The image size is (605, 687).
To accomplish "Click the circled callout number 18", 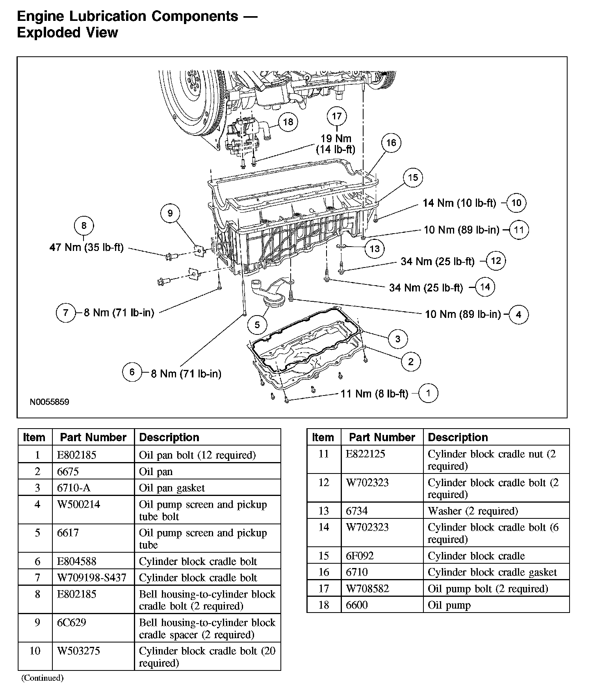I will point(288,122).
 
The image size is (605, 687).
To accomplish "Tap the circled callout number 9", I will point(170,213).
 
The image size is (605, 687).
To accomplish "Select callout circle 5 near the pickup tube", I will point(257,325).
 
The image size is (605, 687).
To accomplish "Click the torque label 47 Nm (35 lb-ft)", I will point(86,247).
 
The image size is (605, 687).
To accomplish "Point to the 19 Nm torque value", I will point(336,139).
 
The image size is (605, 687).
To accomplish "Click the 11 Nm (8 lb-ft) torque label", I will point(374,394).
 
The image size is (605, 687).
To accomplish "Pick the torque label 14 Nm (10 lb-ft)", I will point(459,203).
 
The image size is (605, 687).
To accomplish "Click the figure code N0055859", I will point(49,402).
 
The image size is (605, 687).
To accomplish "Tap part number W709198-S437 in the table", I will point(91,577).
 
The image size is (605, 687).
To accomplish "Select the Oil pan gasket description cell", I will point(172,488).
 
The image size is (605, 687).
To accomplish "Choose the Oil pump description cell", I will point(449,605).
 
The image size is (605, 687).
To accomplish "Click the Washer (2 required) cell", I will point(473,511).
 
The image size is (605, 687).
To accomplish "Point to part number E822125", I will point(364,454).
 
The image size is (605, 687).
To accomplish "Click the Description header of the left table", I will point(169,437).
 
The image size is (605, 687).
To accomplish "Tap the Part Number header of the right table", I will point(382,437).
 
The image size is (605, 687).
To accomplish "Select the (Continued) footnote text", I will point(42,678).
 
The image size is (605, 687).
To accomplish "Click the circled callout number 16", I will point(391,143).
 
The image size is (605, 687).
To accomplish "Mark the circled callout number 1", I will point(428,393).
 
